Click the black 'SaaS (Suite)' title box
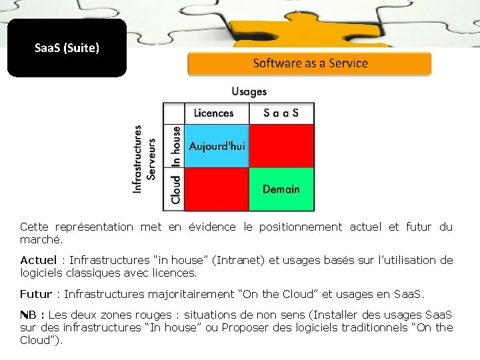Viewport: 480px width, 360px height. pyautogui.click(x=67, y=48)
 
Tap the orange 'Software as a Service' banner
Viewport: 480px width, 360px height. pyautogui.click(x=310, y=64)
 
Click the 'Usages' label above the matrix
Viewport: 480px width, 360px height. pyautogui.click(x=249, y=91)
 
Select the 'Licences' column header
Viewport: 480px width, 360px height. pyautogui.click(x=213, y=113)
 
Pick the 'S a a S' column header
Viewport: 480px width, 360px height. pyautogui.click(x=281, y=113)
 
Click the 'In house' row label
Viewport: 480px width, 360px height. pyautogui.click(x=175, y=146)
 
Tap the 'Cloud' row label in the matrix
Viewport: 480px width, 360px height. pyautogui.click(x=175, y=189)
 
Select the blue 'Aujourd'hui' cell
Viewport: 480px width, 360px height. pyautogui.click(x=217, y=145)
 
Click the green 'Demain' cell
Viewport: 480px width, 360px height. pyautogui.click(x=281, y=189)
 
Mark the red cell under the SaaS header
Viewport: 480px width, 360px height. pyautogui.click(x=281, y=145)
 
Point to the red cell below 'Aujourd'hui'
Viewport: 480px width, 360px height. pyautogui.click(x=217, y=189)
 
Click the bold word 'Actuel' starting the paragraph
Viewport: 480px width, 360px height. pyautogui.click(x=38, y=260)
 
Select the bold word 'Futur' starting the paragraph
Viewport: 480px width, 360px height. pyautogui.click(x=35, y=294)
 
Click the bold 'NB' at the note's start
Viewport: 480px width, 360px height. pyautogui.click(x=27, y=315)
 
